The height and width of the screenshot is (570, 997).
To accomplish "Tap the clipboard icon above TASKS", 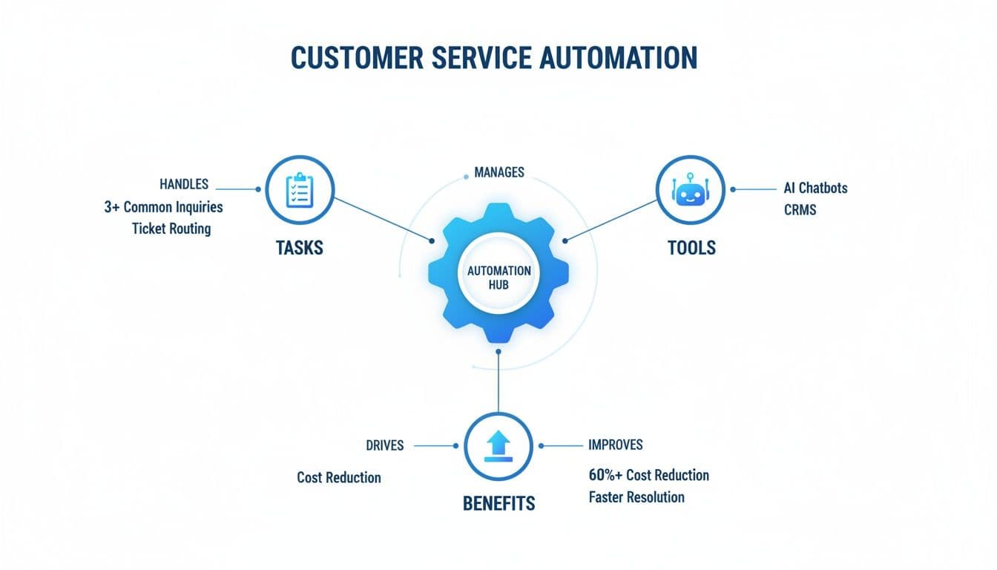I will click(x=300, y=190).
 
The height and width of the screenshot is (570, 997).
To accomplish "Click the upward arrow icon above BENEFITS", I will click(x=498, y=446).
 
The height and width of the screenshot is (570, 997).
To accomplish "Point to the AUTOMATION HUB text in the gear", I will click(x=498, y=278).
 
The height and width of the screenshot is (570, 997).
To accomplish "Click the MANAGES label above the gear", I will click(x=498, y=172).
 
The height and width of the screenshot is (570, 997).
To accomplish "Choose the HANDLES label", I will click(x=183, y=183).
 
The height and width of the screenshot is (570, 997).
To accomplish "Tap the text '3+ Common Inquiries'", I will click(x=163, y=207).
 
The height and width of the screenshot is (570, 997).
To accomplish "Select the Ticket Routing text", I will click(x=171, y=229).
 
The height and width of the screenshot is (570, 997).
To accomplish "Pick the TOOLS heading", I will click(x=691, y=247).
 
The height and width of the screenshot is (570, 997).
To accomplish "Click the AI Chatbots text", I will click(x=815, y=188).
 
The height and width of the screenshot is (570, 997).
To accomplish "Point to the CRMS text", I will click(x=800, y=210).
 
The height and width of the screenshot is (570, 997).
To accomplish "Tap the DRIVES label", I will click(x=385, y=445).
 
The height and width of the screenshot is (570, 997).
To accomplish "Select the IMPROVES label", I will click(x=615, y=445).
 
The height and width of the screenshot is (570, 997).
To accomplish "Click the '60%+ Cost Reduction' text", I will click(x=648, y=475).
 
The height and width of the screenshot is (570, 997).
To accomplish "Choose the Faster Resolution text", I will click(x=636, y=497).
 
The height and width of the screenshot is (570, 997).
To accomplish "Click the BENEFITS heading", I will click(x=498, y=503).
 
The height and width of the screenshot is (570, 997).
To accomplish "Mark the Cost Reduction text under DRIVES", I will click(x=338, y=477).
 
